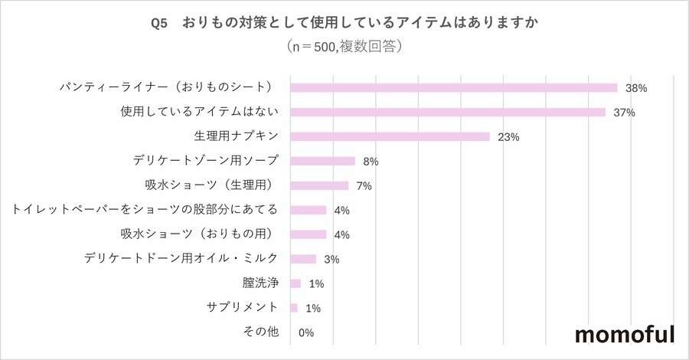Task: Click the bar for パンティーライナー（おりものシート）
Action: (x=454, y=88)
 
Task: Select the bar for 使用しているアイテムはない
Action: (x=448, y=113)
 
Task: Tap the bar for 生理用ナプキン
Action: (x=390, y=137)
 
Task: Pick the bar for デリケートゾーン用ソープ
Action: (x=323, y=162)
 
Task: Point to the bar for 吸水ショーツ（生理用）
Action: (x=319, y=186)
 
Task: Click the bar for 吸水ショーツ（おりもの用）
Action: (x=309, y=234)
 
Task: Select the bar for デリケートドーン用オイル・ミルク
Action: (x=303, y=259)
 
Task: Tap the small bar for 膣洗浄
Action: (x=296, y=283)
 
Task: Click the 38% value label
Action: (x=636, y=88)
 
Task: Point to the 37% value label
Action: (x=625, y=113)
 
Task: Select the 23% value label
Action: (x=509, y=137)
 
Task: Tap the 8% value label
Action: (x=371, y=162)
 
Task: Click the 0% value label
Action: (x=306, y=332)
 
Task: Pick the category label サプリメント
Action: (x=242, y=308)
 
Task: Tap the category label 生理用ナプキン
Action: (x=236, y=137)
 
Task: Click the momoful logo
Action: (x=624, y=335)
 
